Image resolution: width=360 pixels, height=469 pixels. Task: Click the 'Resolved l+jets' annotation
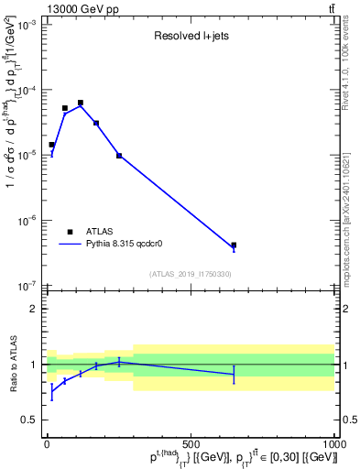191,36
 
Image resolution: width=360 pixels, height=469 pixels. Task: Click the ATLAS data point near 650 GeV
234,245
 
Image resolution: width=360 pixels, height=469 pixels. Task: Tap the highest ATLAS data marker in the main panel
81,103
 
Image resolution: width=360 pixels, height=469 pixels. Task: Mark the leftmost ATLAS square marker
51,145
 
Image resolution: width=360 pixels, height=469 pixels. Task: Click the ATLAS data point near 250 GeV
119,156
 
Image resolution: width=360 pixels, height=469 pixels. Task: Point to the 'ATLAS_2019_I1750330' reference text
190,274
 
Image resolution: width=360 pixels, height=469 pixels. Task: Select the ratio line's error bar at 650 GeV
234,374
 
